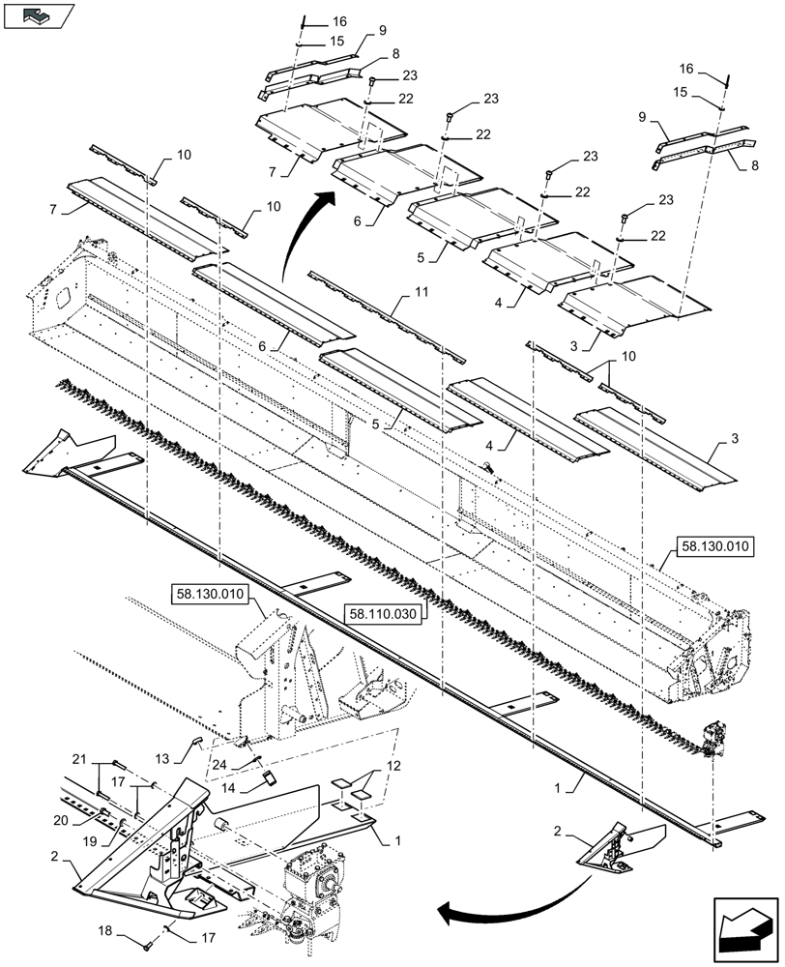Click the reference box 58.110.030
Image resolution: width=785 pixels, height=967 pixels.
(x=383, y=613)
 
